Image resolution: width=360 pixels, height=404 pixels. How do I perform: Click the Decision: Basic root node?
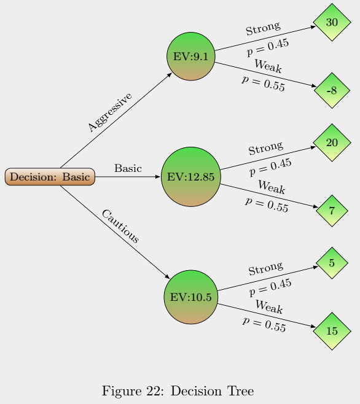50,177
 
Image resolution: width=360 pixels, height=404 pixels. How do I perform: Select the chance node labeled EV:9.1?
190,56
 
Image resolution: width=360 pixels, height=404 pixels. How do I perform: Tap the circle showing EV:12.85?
190,177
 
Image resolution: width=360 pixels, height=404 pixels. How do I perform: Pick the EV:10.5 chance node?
190,297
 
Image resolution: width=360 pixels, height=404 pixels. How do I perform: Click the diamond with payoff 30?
332,22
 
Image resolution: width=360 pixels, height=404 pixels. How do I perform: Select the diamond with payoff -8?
332,91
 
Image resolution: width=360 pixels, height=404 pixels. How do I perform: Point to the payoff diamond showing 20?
332,142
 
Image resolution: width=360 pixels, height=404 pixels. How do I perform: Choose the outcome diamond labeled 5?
332,263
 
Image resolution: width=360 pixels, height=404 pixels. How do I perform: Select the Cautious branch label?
120,227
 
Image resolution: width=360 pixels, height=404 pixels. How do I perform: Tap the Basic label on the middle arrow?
128,168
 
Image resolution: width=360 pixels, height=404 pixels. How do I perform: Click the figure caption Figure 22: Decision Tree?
178,390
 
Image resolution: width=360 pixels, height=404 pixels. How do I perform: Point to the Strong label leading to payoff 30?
263,28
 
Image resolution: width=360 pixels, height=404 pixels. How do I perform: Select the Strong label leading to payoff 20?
265,149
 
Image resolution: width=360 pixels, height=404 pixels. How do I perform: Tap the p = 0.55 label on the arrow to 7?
267,204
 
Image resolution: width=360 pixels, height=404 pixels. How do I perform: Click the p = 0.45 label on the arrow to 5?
270,283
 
